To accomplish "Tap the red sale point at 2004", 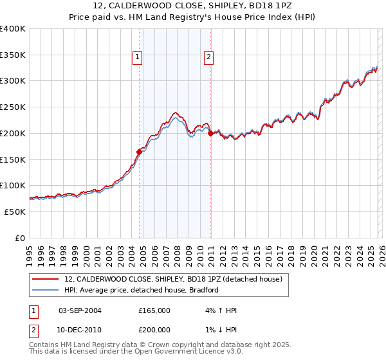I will click(139, 152).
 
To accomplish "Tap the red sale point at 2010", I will click(210, 133).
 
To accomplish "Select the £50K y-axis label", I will click(15, 212).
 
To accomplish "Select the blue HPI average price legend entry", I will click(142, 290).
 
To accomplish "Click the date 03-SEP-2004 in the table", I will click(80, 310).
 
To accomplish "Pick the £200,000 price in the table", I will click(154, 328).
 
